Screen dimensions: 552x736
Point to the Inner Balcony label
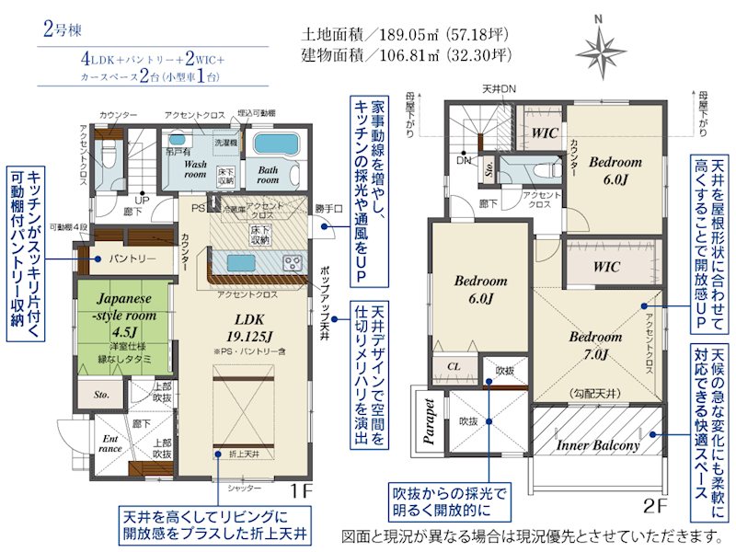[598, 445]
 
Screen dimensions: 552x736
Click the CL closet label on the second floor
[454, 365]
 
